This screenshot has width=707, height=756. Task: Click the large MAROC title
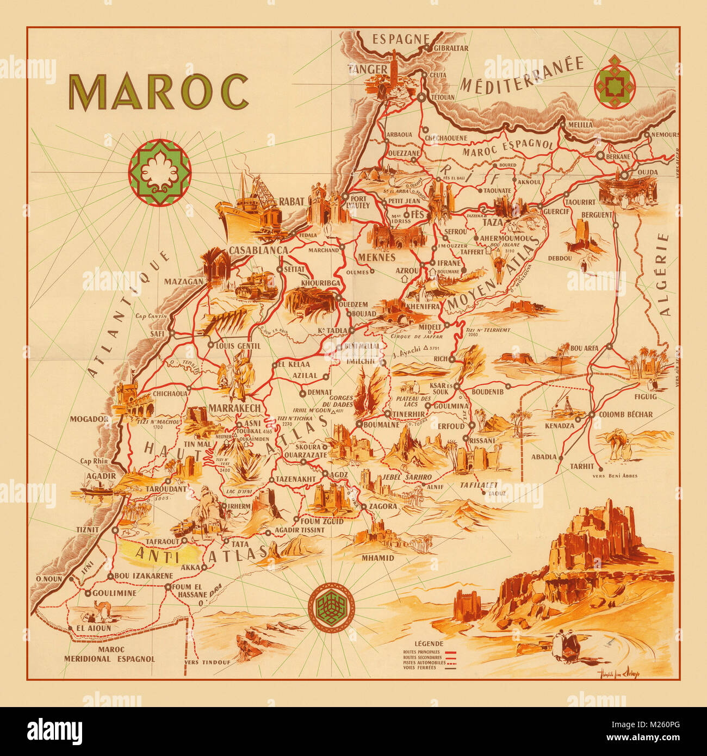(158, 92)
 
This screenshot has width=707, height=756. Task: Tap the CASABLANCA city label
(258, 250)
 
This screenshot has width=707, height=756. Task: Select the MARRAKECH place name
(234, 408)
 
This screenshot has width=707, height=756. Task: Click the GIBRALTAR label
(450, 48)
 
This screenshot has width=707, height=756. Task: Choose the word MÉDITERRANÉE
(521, 75)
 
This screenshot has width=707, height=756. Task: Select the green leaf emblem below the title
(159, 172)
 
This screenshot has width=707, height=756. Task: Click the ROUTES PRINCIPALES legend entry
(421, 652)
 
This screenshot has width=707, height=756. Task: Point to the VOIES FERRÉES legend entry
(419, 668)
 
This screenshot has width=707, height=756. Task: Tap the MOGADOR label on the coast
(89, 419)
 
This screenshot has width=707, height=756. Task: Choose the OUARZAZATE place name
(306, 455)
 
